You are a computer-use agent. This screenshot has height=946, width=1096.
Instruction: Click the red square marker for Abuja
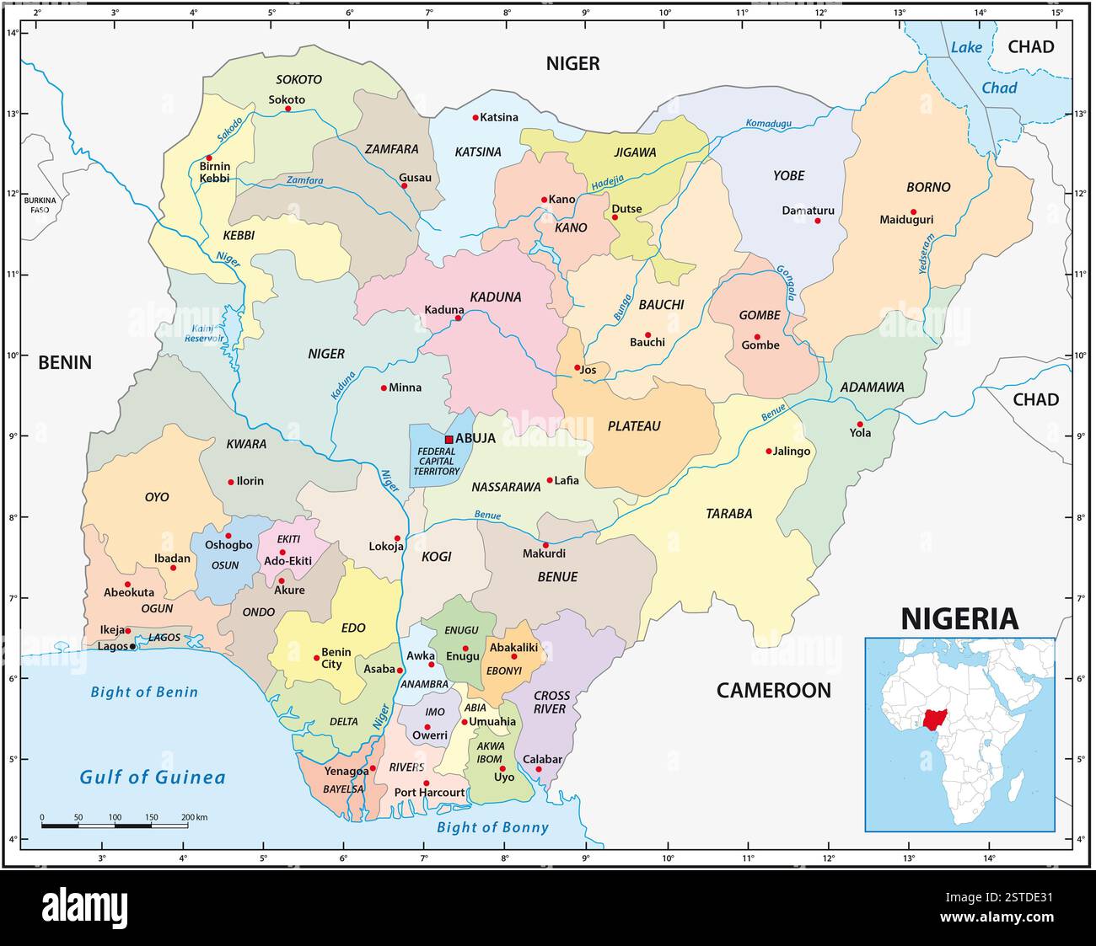pos(449,439)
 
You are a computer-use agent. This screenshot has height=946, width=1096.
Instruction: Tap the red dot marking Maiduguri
pos(913,212)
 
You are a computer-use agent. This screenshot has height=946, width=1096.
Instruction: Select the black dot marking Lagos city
pos(132,647)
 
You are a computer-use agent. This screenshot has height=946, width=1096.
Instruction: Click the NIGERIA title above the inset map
pos(959,619)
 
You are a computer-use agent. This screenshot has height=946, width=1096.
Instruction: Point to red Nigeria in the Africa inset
pos(933,721)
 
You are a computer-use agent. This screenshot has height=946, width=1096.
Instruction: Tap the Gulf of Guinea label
pos(153,777)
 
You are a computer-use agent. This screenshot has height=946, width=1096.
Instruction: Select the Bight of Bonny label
pos(492,827)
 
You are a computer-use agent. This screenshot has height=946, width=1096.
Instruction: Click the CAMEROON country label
pos(773,691)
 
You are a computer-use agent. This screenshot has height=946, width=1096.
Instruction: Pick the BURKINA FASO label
pos(40,205)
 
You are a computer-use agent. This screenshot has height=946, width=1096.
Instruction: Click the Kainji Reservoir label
pos(206,334)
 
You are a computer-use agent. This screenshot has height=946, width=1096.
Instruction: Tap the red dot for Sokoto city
pos(288,109)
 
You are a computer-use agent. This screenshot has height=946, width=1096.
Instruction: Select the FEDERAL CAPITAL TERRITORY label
pos(438,461)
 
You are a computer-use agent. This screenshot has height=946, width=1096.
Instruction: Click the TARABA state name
pos(728,514)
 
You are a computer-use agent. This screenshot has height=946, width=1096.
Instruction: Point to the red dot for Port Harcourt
pos(426,783)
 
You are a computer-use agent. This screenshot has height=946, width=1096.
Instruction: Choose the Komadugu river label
pos(769,124)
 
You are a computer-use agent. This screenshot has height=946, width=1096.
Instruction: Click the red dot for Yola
pos(860,425)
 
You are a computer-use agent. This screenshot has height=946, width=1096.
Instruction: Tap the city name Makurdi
pos(544,554)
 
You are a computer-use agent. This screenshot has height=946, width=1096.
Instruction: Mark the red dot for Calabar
pos(539,769)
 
